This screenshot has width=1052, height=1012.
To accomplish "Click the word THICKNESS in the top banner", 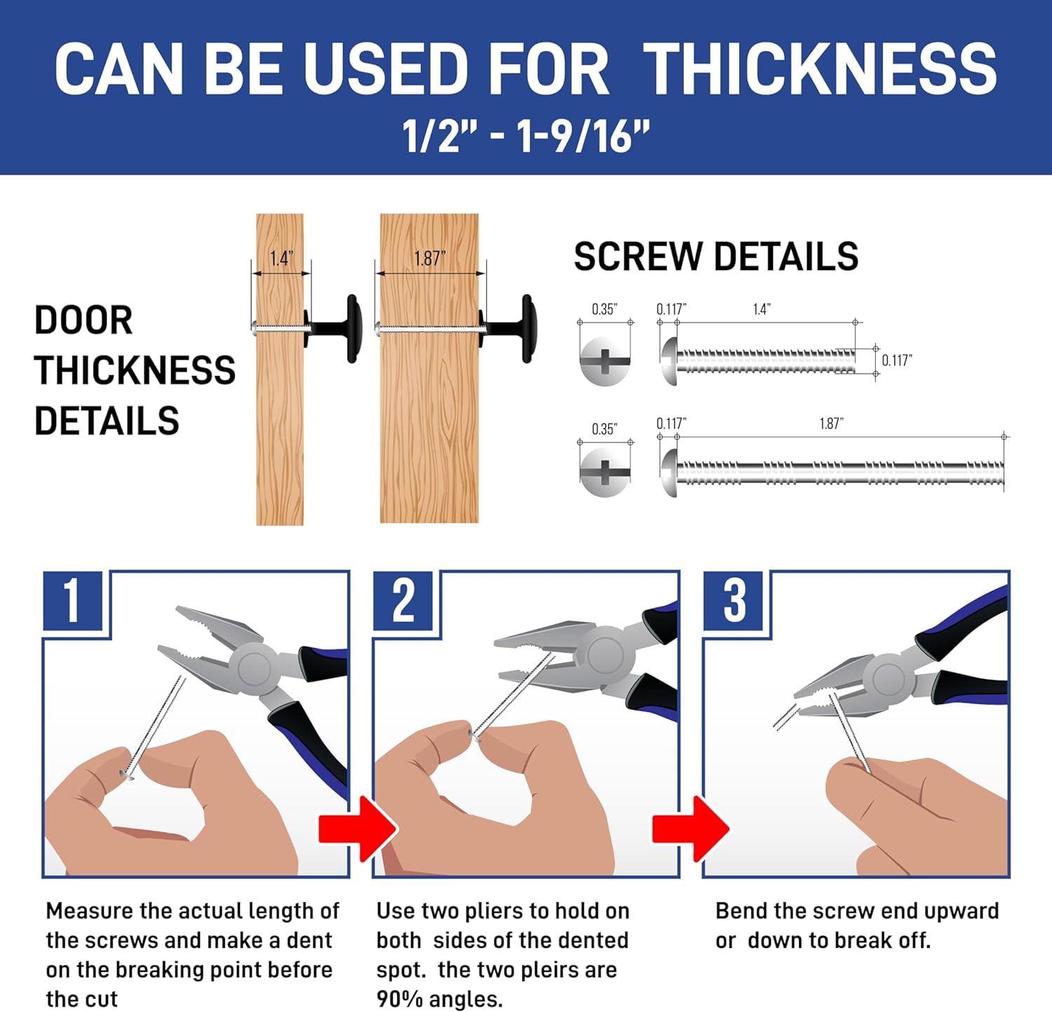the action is [x=820, y=69].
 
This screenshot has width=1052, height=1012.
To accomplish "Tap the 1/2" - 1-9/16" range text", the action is [x=525, y=136].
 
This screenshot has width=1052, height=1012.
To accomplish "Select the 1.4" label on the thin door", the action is [x=281, y=259].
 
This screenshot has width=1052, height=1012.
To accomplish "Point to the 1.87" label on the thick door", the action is [x=430, y=259].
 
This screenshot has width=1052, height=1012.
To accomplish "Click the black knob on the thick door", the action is [x=509, y=328].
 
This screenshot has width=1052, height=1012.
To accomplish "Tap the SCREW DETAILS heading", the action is [x=716, y=257].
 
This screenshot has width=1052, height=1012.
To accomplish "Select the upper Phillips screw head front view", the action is [x=605, y=361].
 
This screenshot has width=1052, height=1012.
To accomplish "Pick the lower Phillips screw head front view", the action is [x=605, y=472].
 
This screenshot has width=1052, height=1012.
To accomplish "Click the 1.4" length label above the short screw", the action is [x=762, y=309].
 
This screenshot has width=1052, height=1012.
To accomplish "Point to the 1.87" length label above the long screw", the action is [x=831, y=424].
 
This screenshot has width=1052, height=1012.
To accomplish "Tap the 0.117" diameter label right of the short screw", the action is [x=897, y=360].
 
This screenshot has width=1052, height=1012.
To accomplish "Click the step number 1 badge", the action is [x=72, y=600].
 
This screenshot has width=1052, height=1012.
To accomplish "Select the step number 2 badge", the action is [x=403, y=600].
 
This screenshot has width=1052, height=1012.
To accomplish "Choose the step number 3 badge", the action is [x=734, y=600].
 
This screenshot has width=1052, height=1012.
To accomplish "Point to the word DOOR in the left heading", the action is [x=83, y=321].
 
